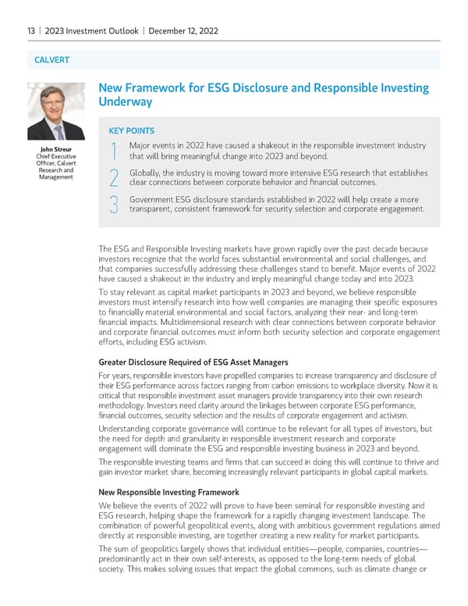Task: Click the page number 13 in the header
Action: pyautogui.click(x=30, y=31)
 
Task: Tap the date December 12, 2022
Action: pyautogui.click(x=183, y=31)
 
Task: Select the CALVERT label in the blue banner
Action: pyautogui.click(x=51, y=60)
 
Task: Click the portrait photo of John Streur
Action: pyautogui.click(x=56, y=111)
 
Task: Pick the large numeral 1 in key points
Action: pyautogui.click(x=114, y=152)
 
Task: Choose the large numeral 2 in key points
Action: pyautogui.click(x=114, y=178)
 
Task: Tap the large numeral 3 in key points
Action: pyautogui.click(x=114, y=205)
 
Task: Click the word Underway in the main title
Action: pyautogui.click(x=125, y=102)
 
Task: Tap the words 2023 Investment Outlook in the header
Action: pyautogui.click(x=91, y=31)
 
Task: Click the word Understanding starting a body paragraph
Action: pyautogui.click(x=128, y=428)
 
